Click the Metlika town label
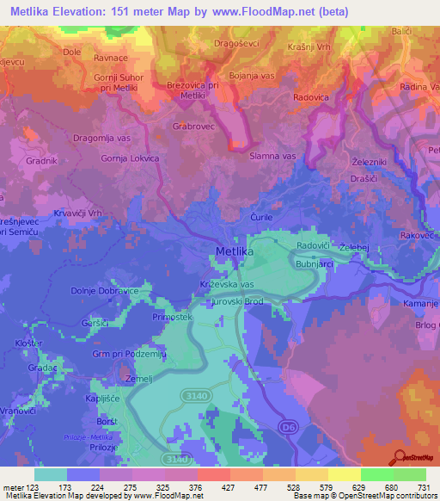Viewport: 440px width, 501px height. pyautogui.click(x=235, y=252)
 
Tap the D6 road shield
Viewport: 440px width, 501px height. pyautogui.click(x=284, y=424)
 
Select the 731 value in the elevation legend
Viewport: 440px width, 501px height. pyautogui.click(x=425, y=486)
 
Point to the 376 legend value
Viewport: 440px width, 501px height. pyautogui.click(x=196, y=486)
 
